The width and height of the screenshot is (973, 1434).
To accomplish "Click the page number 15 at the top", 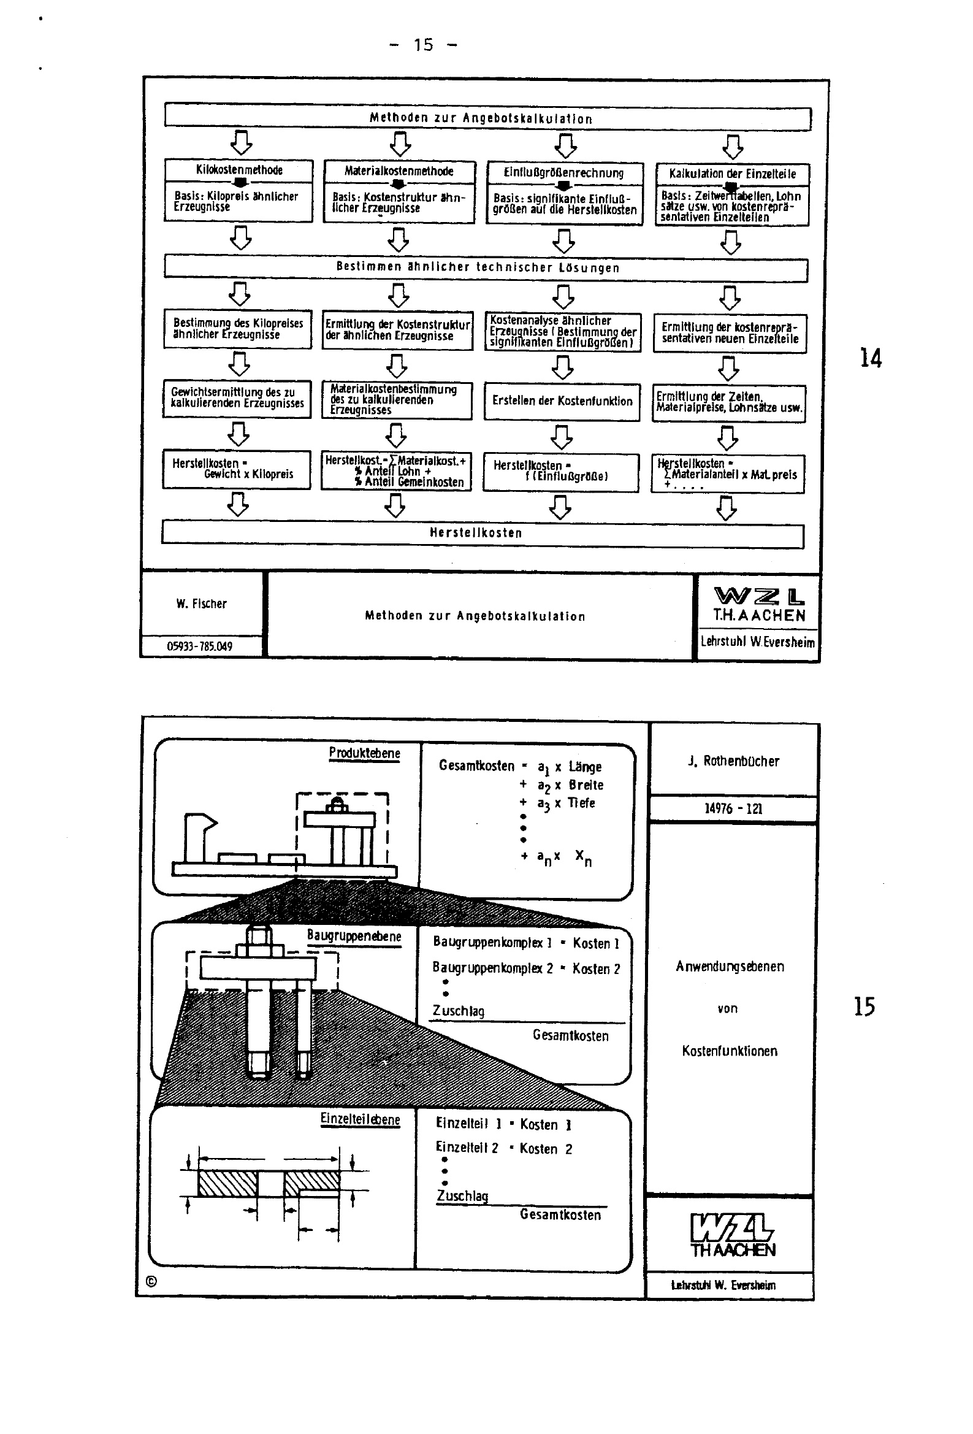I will (424, 45).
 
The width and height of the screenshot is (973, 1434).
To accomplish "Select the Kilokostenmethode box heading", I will (238, 170).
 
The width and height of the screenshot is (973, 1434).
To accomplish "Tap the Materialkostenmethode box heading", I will (399, 171).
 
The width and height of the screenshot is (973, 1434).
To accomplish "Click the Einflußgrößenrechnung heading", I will (564, 173).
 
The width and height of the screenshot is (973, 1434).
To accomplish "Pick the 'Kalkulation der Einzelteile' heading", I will (733, 174).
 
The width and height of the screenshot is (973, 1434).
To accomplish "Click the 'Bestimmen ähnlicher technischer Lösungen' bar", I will (478, 267).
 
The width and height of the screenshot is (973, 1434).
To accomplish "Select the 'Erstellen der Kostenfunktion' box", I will (562, 401).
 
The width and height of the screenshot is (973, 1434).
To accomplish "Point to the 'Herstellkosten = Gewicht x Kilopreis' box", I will (237, 469).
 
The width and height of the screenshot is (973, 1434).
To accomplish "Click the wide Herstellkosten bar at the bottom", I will (476, 533).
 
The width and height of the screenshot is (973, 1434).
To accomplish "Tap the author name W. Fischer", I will (201, 604).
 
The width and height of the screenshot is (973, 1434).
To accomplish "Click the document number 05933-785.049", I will (200, 646).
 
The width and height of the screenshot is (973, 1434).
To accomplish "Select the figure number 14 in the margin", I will (871, 358).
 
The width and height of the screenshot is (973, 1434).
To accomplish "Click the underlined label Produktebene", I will (364, 753).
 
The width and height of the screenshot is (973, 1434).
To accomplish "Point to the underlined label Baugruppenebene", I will (354, 936).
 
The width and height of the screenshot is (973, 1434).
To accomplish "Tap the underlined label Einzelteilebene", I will (360, 1120).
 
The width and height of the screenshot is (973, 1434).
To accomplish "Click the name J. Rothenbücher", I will (733, 761).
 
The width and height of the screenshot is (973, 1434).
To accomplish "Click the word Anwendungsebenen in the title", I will (730, 966).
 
